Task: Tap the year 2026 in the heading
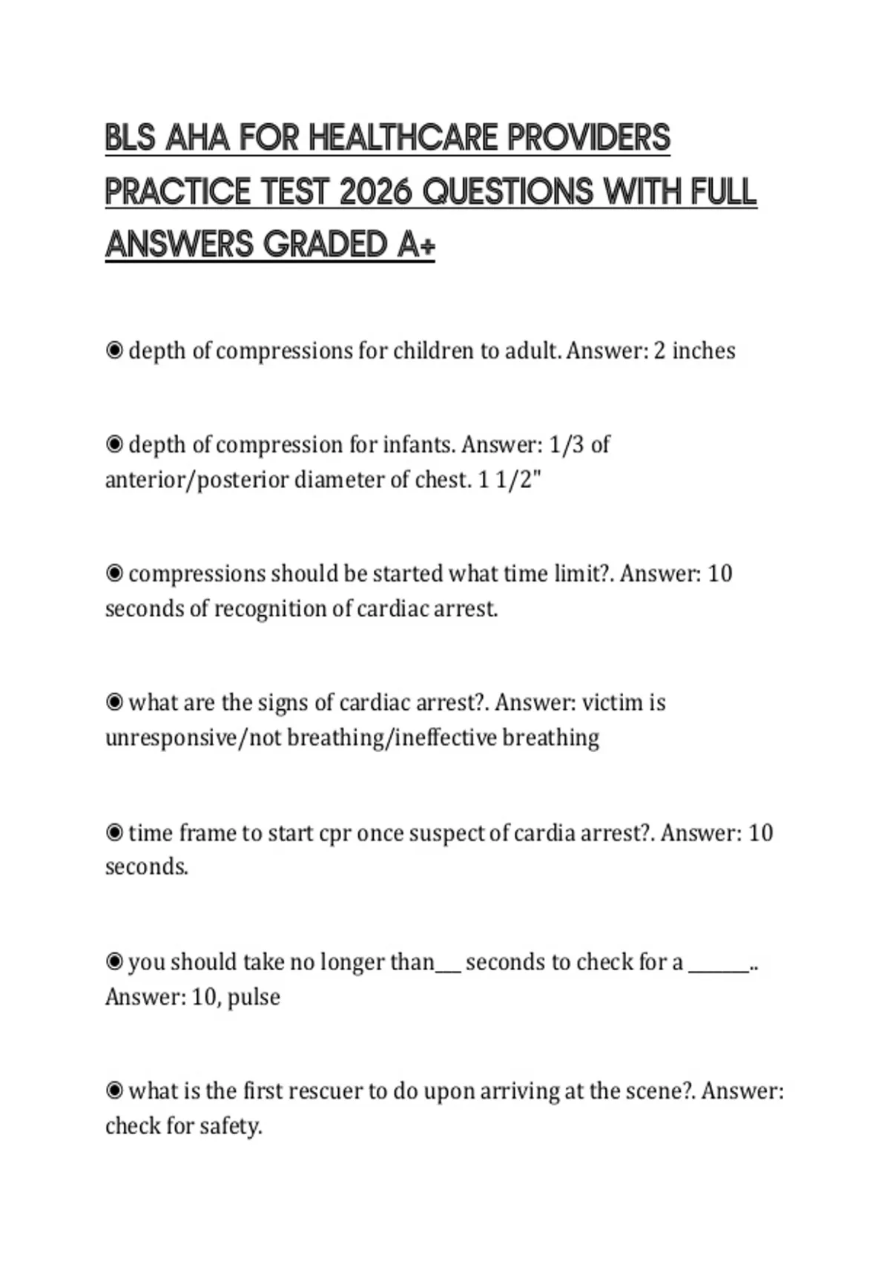tap(375, 192)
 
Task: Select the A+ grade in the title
tap(415, 245)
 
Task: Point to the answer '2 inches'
tap(694, 351)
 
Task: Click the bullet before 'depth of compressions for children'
tap(114, 350)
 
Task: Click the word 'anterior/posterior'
tap(197, 481)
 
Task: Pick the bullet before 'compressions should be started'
tap(114, 573)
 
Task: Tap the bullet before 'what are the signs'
tap(114, 702)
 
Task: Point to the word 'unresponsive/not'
tap(194, 738)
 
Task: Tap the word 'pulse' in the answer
tap(254, 998)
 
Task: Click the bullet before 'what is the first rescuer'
tap(114, 1091)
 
